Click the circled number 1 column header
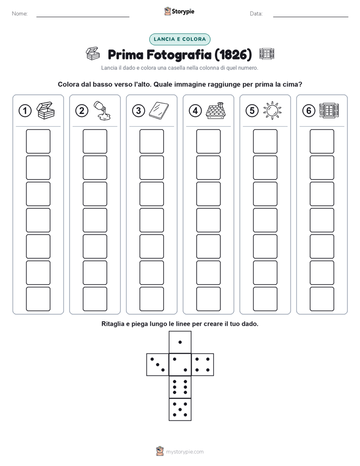[25, 111]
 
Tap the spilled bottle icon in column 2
[102, 110]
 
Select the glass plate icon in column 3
[159, 110]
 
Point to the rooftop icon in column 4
[215, 110]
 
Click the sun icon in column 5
[272, 110]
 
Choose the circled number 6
[309, 111]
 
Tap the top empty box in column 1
[38, 141]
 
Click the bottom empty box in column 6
[322, 299]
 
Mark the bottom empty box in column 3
[151, 299]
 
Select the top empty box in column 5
[265, 141]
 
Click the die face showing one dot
[180, 342]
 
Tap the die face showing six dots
[180, 387]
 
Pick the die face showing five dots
[180, 409]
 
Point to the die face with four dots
[203, 365]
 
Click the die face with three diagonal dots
[158, 365]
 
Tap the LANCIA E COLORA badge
[179, 39]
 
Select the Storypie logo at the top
[179, 12]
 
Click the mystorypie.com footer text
[185, 452]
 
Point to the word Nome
[20, 14]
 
